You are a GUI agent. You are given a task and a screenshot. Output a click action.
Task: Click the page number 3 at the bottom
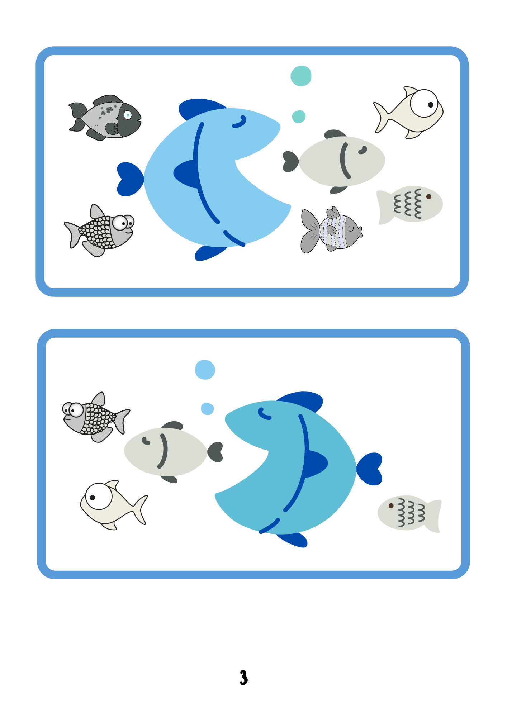[x=244, y=677]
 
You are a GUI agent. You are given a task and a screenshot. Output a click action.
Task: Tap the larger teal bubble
[x=301, y=76]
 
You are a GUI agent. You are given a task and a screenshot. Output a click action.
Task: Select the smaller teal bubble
[x=299, y=117]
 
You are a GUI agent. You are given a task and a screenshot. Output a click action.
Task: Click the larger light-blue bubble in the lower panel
[x=205, y=370]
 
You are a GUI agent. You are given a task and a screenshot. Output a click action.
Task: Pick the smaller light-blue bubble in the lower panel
[x=207, y=409]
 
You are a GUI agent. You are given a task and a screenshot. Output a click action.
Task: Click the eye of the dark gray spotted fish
[x=128, y=115]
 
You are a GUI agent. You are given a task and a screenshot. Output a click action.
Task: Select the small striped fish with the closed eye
[x=331, y=230]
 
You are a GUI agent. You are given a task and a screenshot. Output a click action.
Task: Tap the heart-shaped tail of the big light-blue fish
[x=130, y=179]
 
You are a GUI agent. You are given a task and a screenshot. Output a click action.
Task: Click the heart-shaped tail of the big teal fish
[x=370, y=469]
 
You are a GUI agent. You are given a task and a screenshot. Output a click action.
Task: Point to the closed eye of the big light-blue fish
[x=240, y=122]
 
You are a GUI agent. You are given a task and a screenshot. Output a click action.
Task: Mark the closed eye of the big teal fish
[x=264, y=414]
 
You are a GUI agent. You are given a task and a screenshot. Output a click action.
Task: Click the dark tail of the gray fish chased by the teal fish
[x=215, y=452]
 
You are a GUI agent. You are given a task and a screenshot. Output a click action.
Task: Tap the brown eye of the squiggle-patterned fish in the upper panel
[x=428, y=196]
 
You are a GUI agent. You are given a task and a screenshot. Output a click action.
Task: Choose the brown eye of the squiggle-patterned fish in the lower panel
[x=391, y=506]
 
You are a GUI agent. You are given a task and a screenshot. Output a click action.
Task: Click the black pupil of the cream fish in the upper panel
[x=431, y=105]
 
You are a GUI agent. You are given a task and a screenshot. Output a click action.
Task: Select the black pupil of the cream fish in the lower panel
[x=93, y=498]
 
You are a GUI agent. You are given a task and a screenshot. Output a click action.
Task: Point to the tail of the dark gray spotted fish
[x=78, y=117]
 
